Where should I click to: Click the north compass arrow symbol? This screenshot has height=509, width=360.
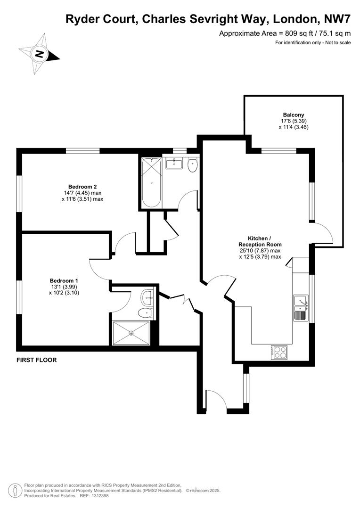click(40, 54)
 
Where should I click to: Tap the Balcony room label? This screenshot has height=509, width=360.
click(293, 115)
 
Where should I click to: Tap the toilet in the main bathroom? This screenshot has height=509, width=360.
click(192, 165)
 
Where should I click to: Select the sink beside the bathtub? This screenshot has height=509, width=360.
click(174, 164)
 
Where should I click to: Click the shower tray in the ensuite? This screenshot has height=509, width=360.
click(131, 333)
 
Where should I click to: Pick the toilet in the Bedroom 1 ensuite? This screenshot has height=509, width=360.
click(146, 312)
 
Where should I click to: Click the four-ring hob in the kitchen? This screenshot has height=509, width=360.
click(279, 352)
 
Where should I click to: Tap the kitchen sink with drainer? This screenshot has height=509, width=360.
click(300, 307)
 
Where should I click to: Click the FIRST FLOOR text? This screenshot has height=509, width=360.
click(36, 360)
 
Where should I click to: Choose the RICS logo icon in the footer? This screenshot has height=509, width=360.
click(16, 490)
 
